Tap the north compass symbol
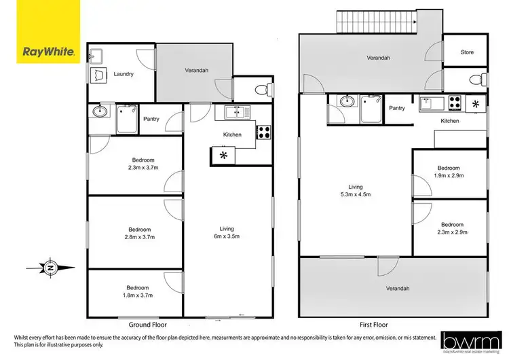click(50, 268)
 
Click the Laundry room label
click(124, 74)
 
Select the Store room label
click(466, 52)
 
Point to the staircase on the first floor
click(376, 25)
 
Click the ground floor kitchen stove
click(263, 133)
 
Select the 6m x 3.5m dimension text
click(227, 236)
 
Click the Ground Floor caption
click(149, 325)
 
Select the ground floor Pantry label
click(151, 120)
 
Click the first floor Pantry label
click(397, 108)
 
